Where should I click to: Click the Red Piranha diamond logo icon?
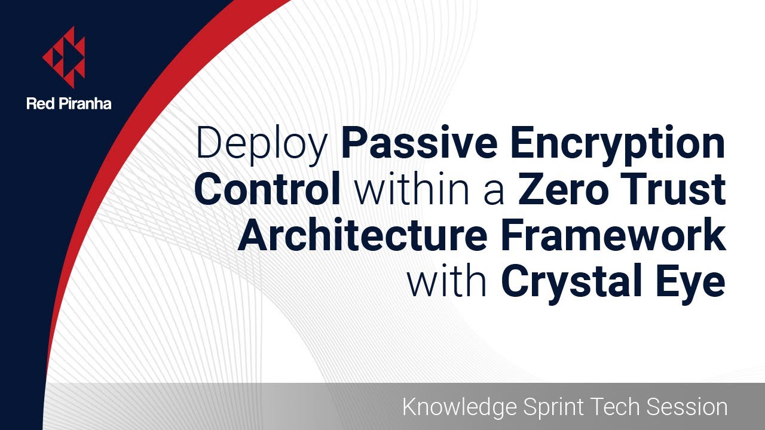(64, 57)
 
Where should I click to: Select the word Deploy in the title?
(263, 145)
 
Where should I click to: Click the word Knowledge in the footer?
(459, 407)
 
